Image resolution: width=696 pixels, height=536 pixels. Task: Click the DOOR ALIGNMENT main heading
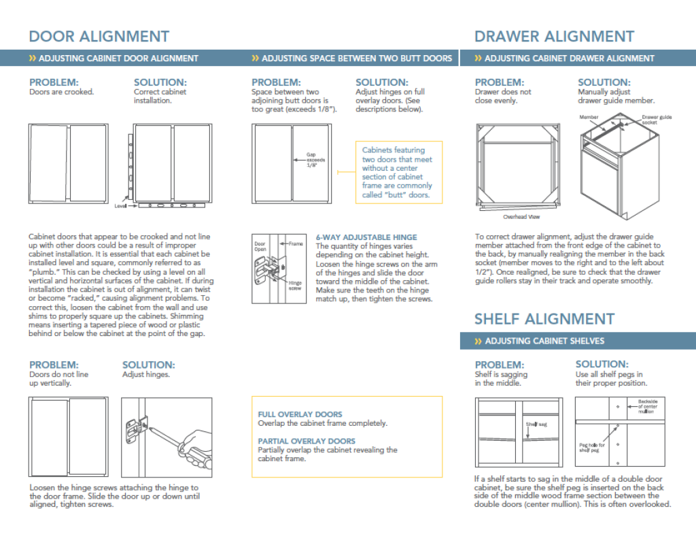point(99,36)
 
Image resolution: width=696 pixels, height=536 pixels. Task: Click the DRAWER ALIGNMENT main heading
point(554,36)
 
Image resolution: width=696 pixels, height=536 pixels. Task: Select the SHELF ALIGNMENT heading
point(544,319)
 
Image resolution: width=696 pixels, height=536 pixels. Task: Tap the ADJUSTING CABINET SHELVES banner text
point(544,341)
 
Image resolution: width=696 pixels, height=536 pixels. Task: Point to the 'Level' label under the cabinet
point(120,205)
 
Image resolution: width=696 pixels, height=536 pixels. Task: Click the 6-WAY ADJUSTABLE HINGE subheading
point(366,237)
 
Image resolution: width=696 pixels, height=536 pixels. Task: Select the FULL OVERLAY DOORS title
point(300,414)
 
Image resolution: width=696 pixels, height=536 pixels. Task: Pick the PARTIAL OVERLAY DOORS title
point(307,441)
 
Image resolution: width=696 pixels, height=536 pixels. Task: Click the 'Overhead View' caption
point(521,217)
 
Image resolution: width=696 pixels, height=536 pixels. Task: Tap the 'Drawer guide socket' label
point(657,120)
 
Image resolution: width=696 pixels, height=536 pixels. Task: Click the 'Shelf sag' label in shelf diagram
point(536,424)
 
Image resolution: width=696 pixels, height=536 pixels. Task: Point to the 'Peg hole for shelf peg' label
point(591,448)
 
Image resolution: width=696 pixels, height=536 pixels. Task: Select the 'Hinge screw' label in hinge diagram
point(295,285)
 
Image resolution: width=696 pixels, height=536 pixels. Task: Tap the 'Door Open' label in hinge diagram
point(260,246)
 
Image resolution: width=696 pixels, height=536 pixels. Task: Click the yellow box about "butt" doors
point(398,172)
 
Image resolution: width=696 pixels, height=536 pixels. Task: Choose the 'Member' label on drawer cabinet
point(589,117)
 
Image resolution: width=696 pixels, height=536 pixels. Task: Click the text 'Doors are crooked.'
point(61,92)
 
